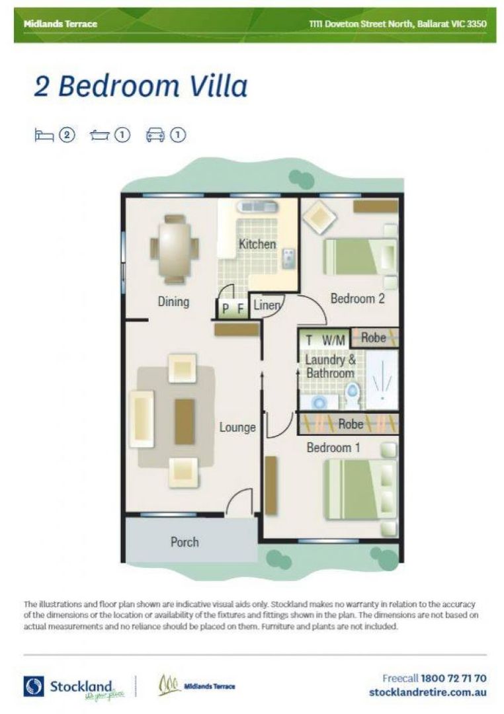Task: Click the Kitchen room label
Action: [257, 244]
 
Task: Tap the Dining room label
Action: [173, 301]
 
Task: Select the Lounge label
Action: [237, 427]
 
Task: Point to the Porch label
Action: [185, 541]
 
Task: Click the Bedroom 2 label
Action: [358, 298]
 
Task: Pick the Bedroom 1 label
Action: [333, 448]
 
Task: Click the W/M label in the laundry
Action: [334, 340]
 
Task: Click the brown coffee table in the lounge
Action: [185, 421]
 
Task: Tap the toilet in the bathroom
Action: [353, 395]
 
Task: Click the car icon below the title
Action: [155, 135]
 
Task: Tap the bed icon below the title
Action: [44, 135]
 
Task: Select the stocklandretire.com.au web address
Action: [428, 692]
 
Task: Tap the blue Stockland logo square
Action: [34, 686]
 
